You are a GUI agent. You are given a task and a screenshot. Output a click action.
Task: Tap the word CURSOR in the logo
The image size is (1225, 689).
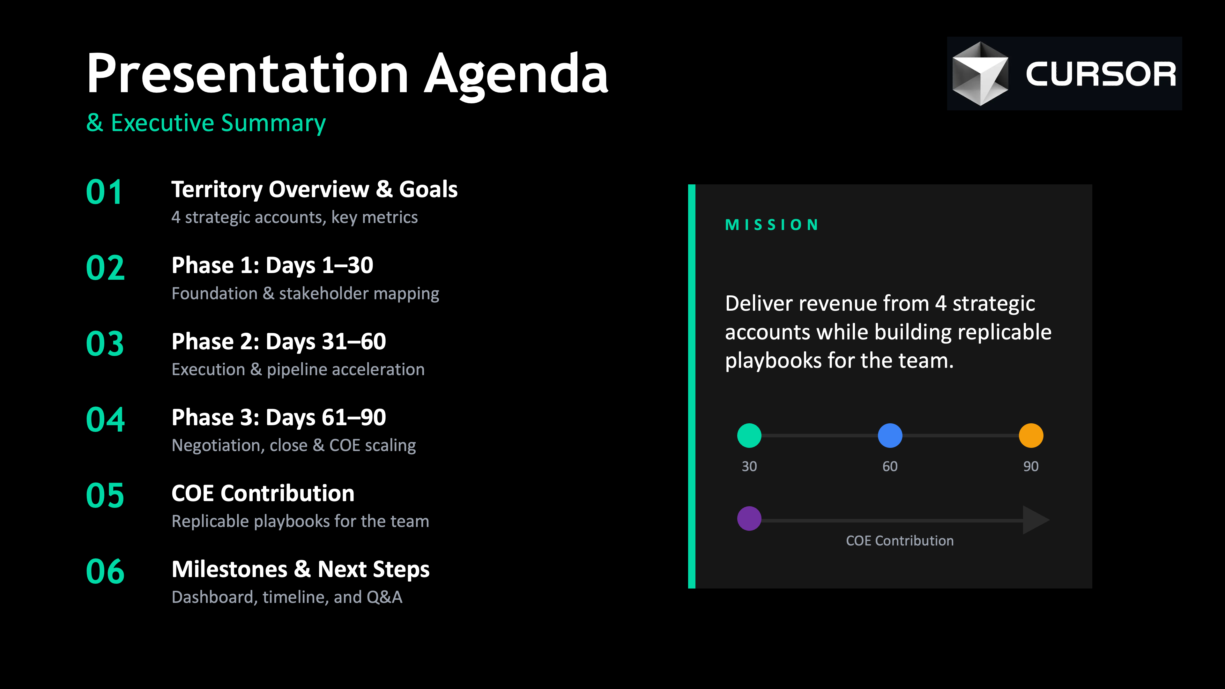[x=1100, y=74]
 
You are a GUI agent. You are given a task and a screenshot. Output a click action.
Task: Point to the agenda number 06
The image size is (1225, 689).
[x=105, y=572]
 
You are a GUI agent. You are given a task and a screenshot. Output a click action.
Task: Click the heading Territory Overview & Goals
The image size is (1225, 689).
[x=314, y=189]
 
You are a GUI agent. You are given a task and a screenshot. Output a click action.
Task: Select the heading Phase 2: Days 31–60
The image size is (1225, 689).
[x=279, y=341]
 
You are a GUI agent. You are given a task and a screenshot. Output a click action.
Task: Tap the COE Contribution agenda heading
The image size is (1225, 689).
[x=263, y=493]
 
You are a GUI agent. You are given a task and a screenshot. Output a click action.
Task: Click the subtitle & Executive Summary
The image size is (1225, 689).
[x=206, y=123]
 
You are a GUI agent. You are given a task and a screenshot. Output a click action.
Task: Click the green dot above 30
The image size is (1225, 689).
[x=749, y=435]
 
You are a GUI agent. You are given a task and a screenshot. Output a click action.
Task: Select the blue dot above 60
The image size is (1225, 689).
[x=890, y=435]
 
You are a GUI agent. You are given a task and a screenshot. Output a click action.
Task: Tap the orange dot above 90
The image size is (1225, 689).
[x=1031, y=435]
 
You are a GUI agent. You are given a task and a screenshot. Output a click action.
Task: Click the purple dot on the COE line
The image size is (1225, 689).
[x=749, y=518]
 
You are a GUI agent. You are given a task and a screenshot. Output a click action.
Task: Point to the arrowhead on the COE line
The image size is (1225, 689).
[x=1036, y=520]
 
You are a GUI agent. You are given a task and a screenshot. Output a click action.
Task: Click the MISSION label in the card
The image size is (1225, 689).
[x=772, y=225]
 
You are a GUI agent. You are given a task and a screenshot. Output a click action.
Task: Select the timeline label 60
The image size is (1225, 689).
[x=890, y=466]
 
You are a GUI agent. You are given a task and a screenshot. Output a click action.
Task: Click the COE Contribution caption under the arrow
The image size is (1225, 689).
[x=900, y=541]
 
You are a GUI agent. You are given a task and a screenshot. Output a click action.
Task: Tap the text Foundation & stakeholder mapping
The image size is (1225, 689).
[x=305, y=294]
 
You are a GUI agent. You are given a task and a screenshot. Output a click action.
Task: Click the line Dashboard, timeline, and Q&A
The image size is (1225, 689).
[x=287, y=597]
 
